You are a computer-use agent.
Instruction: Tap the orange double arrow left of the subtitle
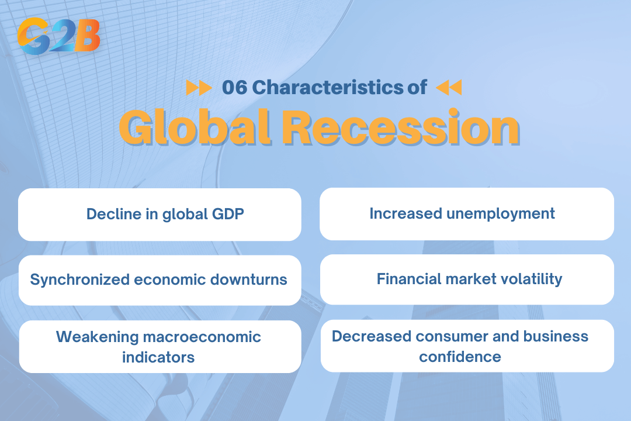click(199, 88)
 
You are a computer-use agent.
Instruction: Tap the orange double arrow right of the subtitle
click(449, 88)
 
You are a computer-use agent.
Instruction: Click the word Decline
click(111, 214)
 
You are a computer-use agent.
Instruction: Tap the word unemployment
click(501, 213)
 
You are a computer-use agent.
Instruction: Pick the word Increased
click(405, 213)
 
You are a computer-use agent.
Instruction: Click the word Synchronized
click(80, 279)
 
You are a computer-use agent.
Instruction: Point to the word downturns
click(252, 279)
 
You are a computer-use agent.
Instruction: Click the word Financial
click(407, 279)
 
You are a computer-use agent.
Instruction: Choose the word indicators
click(158, 357)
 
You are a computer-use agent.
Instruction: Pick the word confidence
click(460, 356)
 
